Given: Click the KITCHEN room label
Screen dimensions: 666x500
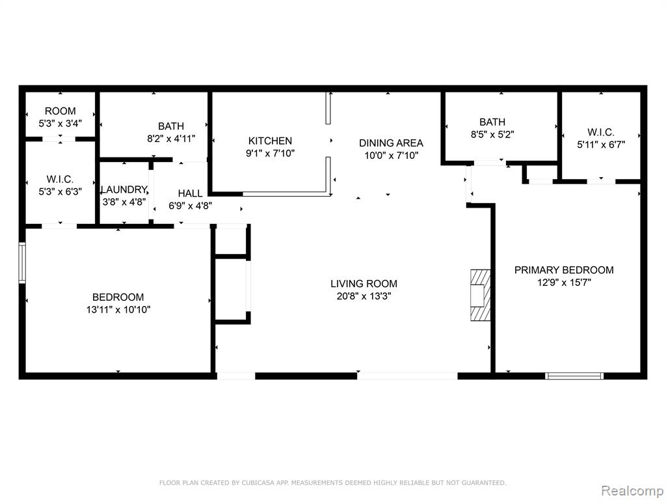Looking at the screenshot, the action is (270, 141).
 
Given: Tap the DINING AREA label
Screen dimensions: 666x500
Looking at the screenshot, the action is (391, 143).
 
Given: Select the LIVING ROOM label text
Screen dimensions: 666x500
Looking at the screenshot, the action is (364, 284).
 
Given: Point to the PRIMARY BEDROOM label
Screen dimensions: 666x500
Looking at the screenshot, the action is (564, 270).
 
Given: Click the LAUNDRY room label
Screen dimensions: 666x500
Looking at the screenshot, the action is (124, 189).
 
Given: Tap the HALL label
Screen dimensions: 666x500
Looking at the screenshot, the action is (191, 193).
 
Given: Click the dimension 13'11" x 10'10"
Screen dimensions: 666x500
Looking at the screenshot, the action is (118, 309).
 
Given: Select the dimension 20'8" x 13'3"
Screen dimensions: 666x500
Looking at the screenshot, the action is (364, 296).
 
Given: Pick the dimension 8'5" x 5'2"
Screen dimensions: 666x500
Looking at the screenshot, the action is (493, 135).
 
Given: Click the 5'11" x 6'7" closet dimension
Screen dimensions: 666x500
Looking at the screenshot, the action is (601, 145).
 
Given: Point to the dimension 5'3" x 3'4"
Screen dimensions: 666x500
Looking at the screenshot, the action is (60, 123).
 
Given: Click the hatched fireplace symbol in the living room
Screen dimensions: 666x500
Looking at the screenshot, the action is (481, 295).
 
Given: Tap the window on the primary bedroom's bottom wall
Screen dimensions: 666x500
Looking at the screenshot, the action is (574, 376).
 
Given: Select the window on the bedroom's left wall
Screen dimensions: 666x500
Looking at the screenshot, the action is (22, 263).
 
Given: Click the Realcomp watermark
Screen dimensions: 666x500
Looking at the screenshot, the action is (632, 491).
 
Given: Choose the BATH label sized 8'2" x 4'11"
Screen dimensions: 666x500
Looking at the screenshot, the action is (171, 126).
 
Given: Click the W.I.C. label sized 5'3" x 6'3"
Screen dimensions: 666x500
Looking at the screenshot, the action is (60, 180).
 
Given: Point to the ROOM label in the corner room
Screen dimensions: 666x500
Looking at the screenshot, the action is (60, 111).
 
